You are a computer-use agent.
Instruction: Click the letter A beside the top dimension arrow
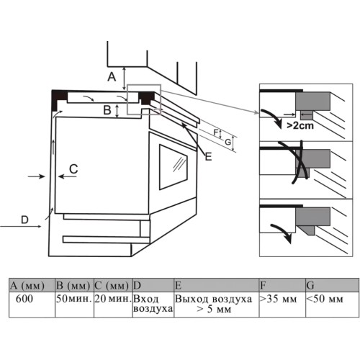[x=112, y=77]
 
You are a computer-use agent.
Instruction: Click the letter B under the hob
[x=107, y=110]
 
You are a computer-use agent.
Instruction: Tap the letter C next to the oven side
[x=73, y=168]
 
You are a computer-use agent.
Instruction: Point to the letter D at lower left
[x=24, y=220]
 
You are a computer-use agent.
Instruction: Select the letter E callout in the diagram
[x=209, y=157]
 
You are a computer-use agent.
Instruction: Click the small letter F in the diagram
[x=216, y=132]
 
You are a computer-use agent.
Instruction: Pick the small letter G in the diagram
[x=228, y=142]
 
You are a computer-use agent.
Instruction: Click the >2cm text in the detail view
[x=300, y=125]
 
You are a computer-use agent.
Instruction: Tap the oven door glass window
[x=174, y=167]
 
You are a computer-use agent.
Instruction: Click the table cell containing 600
[x=32, y=305]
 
